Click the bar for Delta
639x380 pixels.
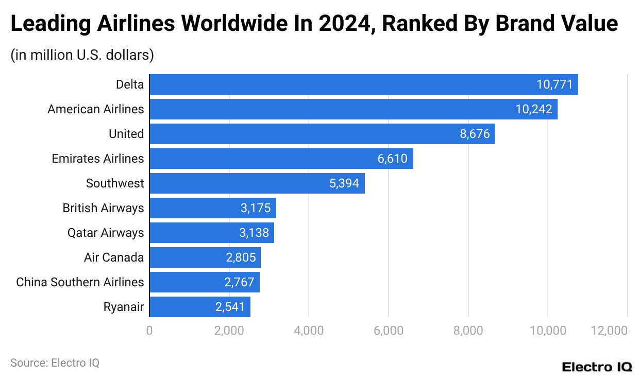point(363,84)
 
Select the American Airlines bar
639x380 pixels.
point(353,109)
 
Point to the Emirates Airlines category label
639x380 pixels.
point(98,159)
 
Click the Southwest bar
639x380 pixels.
point(257,183)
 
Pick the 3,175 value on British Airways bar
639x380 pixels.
point(255,208)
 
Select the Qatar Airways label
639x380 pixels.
point(106,233)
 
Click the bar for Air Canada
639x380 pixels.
point(205,257)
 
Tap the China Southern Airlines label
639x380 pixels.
point(80,282)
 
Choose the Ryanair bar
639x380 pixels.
point(199,307)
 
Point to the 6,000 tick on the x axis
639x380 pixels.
point(388,331)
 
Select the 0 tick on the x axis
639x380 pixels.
point(149,331)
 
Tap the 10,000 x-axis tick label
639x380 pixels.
point(547,331)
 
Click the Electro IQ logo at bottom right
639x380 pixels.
point(597,367)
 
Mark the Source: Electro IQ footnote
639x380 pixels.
point(55,362)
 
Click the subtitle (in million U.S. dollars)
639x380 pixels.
point(82,55)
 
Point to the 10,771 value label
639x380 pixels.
point(554,84)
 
